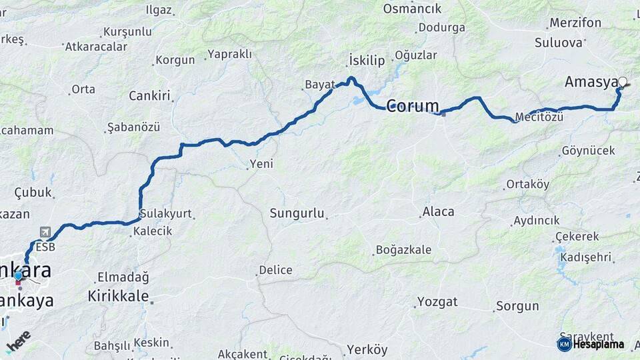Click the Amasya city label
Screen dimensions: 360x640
[591, 82]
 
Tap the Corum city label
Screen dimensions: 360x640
[413, 105]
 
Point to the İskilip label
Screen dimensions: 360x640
[367, 61]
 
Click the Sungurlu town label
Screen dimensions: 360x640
[297, 213]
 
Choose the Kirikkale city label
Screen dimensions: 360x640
[118, 296]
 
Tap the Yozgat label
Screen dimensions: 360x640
[437, 301]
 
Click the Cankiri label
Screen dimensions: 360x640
[150, 95]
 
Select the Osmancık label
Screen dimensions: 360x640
[412, 9]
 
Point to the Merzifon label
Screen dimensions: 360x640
[575, 23]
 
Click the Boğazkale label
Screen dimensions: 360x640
[403, 250]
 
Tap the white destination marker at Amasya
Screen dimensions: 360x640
[623, 83]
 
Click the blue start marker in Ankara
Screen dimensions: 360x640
[18, 275]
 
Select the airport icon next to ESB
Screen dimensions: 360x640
[45, 232]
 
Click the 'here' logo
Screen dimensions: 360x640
[18, 341]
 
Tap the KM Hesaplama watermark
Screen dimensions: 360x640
[591, 344]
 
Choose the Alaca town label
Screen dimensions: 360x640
[438, 211]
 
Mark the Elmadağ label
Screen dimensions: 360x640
[123, 277]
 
